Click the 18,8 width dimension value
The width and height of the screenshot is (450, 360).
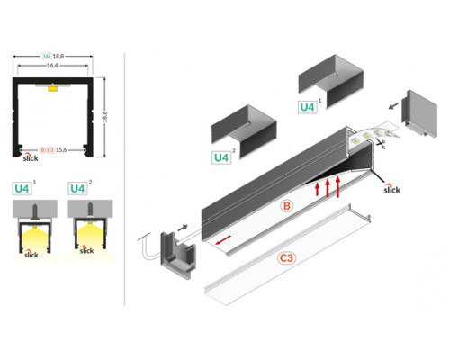[60, 57]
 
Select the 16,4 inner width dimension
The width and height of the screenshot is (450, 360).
[54, 66]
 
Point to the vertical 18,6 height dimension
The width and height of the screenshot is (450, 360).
[107, 113]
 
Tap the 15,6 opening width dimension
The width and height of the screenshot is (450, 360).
[62, 149]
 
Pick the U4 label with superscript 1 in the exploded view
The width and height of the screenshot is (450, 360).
[308, 106]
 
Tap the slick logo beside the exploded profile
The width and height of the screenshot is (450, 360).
[391, 190]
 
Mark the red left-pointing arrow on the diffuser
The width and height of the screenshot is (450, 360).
[223, 239]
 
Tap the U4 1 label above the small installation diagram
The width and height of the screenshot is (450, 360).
[23, 190]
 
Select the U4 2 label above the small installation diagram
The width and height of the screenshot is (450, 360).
[77, 190]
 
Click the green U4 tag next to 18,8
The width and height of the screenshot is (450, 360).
[46, 57]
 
